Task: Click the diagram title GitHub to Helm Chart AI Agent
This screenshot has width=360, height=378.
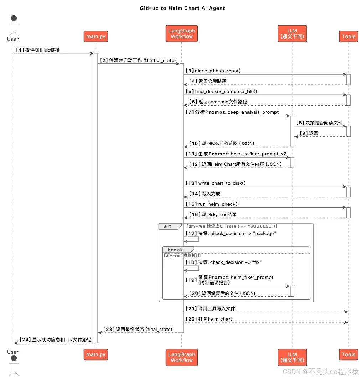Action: click(182, 8)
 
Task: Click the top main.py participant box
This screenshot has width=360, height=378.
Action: click(96, 36)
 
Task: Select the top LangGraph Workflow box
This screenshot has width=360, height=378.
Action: click(181, 34)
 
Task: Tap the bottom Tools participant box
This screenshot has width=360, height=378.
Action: click(348, 354)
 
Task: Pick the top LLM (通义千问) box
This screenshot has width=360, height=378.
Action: click(292, 34)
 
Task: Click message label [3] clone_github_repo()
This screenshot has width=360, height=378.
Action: click(213, 71)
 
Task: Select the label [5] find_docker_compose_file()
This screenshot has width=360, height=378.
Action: click(221, 91)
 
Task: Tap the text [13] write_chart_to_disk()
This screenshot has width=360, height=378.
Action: click(215, 183)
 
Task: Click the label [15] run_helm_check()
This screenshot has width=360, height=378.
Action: click(212, 204)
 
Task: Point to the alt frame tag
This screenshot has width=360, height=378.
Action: click(168, 226)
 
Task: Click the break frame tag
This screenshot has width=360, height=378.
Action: click(175, 250)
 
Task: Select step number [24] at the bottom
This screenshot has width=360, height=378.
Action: click(26, 339)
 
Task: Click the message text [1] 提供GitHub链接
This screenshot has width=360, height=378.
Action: click(37, 50)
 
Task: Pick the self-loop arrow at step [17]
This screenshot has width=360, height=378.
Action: click(195, 240)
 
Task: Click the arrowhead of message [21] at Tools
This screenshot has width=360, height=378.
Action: click(345, 312)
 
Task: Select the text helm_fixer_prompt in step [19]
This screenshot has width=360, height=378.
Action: click(252, 277)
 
